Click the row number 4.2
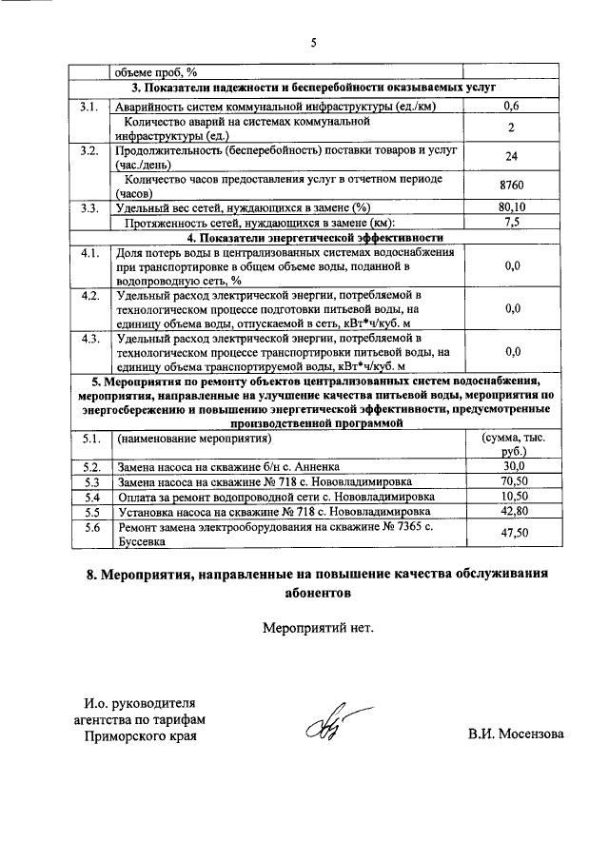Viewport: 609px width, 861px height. [91, 296]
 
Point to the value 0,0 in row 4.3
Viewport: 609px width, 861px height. [512, 351]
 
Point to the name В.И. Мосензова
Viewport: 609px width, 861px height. [515, 734]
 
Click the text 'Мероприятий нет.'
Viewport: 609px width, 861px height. [312, 627]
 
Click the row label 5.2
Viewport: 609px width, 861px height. [91, 467]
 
